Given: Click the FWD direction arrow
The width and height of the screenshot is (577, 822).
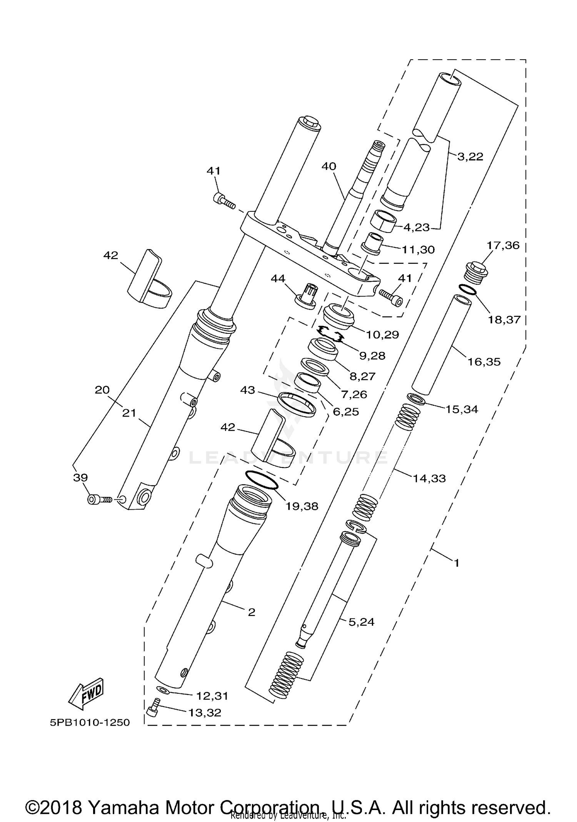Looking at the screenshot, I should point(87,693).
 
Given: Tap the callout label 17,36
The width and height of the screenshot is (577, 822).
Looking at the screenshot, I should point(503,245).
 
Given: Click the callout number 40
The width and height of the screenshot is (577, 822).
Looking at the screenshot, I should point(329,166).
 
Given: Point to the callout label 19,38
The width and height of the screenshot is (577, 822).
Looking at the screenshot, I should point(302,506).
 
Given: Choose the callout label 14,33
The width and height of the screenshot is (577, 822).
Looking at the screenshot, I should point(429,479).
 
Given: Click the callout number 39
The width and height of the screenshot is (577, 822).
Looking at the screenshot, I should point(80,477).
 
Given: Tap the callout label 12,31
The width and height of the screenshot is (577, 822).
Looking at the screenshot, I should point(212,696).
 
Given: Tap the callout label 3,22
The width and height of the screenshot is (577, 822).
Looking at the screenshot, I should point(470,157).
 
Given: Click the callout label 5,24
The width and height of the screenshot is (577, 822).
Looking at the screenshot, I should point(361,622).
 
